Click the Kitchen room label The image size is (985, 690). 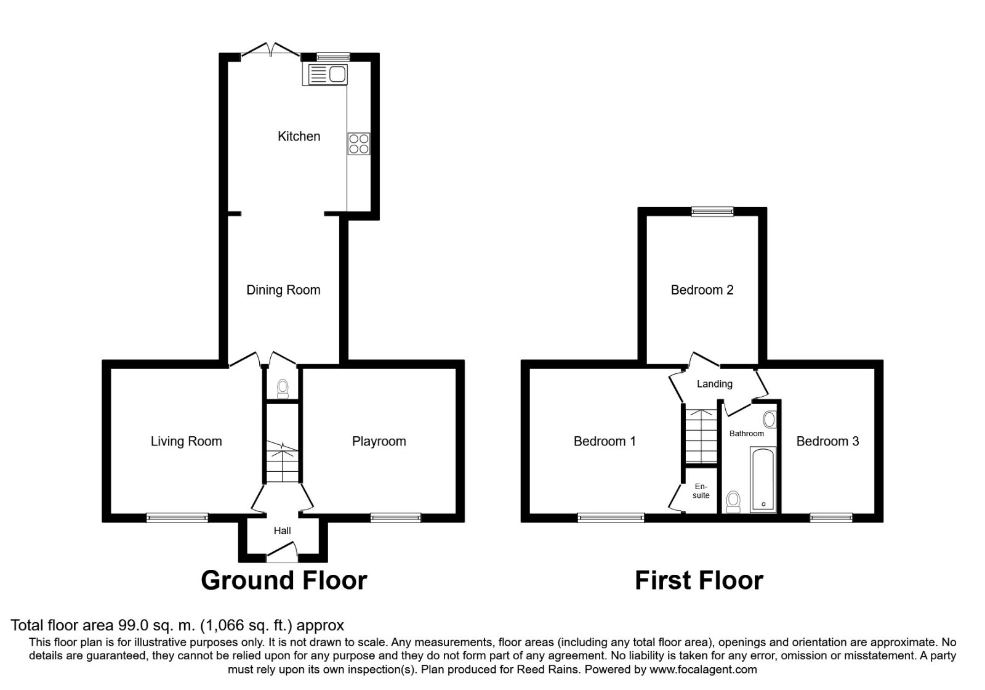[x=299, y=136]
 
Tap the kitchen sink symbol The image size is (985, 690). [x=325, y=75]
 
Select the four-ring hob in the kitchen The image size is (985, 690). [x=359, y=144]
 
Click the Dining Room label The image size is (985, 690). [x=283, y=290]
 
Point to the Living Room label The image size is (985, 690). [x=186, y=441]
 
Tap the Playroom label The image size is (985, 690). [x=379, y=441]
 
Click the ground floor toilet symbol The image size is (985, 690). [x=283, y=388]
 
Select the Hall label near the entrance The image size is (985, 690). [x=282, y=530]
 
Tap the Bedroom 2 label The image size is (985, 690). [x=702, y=290]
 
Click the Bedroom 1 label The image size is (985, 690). [x=604, y=441]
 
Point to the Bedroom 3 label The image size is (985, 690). [x=827, y=441]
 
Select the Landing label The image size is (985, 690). [x=714, y=384]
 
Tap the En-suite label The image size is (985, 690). [x=701, y=490]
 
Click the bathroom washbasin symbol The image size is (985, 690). [x=769, y=420]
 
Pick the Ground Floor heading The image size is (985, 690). [x=284, y=580]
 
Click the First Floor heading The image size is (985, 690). [x=699, y=580]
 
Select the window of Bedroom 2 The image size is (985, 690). [x=712, y=211]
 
